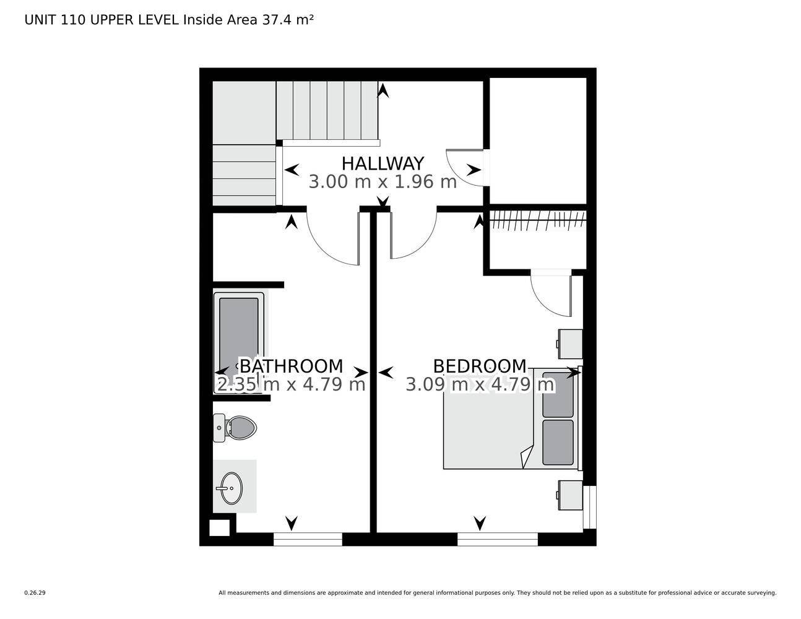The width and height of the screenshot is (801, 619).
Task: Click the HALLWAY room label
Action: pyautogui.click(x=383, y=163)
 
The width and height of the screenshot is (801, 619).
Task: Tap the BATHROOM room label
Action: pyautogui.click(x=291, y=366)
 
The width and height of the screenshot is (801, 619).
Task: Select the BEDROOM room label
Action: pyautogui.click(x=480, y=366)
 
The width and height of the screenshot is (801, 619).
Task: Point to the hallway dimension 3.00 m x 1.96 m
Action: pyautogui.click(x=383, y=182)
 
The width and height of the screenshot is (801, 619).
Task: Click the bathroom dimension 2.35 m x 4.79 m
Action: pyautogui.click(x=291, y=384)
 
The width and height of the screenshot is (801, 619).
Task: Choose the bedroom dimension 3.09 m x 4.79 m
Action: pyautogui.click(x=480, y=384)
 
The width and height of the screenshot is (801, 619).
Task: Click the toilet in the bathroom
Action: pyautogui.click(x=237, y=427)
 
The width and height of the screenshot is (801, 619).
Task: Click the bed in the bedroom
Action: pyautogui.click(x=489, y=433)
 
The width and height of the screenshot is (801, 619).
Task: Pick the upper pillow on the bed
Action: pyautogui.click(x=558, y=394)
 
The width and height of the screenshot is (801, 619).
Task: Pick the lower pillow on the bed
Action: pyautogui.click(x=558, y=442)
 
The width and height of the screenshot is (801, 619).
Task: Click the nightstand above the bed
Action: pyautogui.click(x=570, y=344)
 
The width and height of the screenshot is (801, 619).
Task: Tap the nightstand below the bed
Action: pyautogui.click(x=570, y=495)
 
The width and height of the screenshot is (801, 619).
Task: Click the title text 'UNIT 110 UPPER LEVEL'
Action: pyautogui.click(x=102, y=20)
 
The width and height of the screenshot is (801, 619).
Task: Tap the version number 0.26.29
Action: pyautogui.click(x=35, y=592)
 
